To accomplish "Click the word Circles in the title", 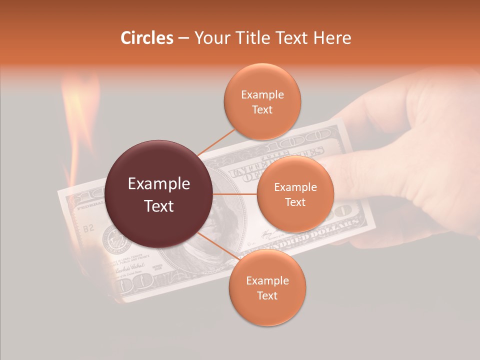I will (146, 38).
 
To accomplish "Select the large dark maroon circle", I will (159, 194).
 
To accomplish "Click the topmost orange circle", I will (262, 101).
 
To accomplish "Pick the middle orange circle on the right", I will (295, 194).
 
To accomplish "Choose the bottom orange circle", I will (267, 288).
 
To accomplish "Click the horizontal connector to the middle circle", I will (235, 194).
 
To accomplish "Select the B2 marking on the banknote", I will (88, 228).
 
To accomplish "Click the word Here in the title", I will (332, 38).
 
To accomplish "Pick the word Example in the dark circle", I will (159, 184).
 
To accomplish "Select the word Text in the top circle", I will (262, 109).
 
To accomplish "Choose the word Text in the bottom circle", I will (267, 296).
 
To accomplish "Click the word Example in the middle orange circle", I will (295, 187).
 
